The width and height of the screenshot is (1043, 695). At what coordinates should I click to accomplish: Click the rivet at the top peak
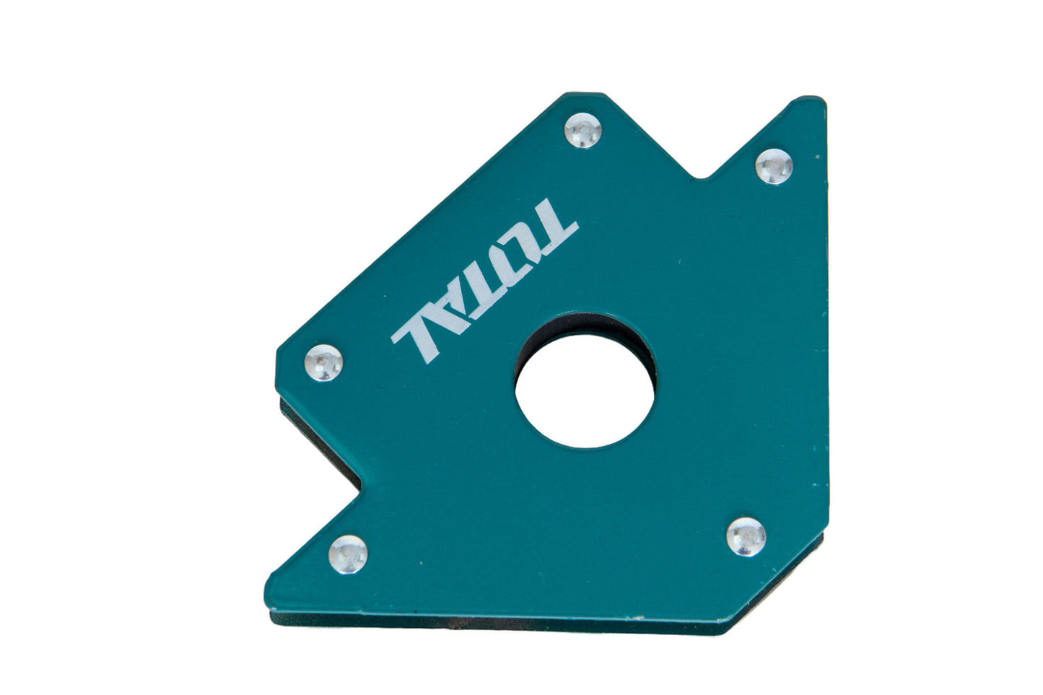click(583, 131)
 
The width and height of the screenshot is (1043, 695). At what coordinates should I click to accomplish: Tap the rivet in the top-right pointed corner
click(774, 166)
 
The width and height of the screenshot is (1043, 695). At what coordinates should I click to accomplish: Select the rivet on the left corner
click(323, 362)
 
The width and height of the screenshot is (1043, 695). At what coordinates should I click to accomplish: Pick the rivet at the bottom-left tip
click(349, 554)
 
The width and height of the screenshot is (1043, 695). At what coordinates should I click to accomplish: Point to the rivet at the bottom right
click(746, 536)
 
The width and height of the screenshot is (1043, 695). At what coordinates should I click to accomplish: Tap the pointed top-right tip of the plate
click(819, 101)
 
